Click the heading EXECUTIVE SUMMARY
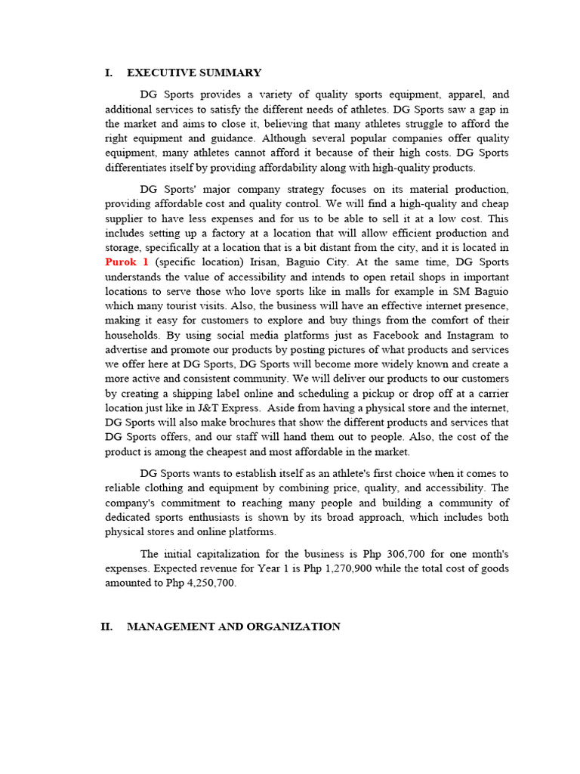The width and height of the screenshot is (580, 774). click(194, 73)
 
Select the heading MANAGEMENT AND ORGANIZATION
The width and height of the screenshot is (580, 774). click(233, 627)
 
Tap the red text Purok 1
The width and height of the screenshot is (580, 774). click(127, 262)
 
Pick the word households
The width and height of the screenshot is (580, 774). click(131, 335)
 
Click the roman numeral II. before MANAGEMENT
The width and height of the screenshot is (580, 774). click(106, 627)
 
